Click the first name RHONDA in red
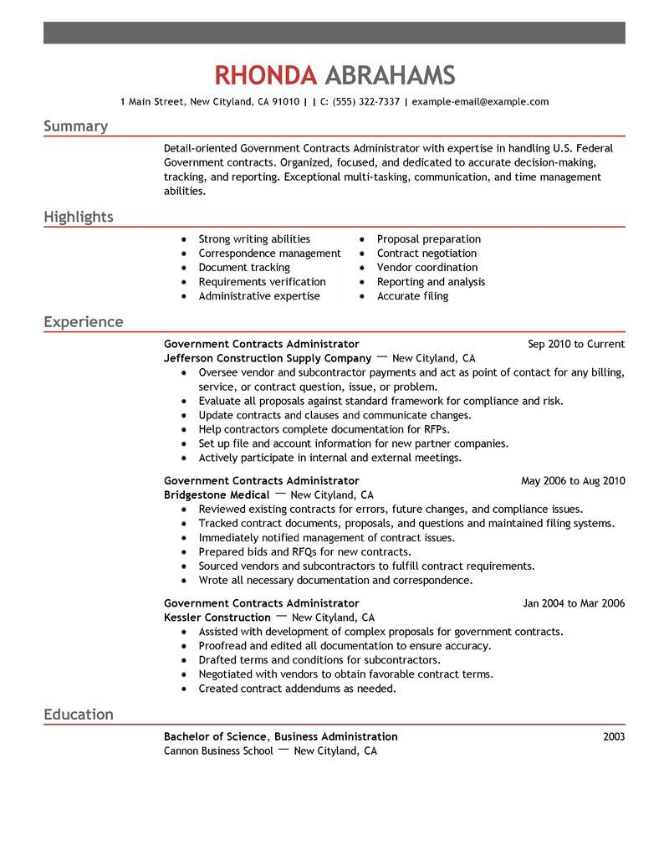[265, 75]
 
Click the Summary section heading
[75, 126]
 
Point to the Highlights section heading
[78, 218]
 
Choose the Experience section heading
[83, 322]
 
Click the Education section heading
[78, 715]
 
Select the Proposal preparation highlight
[428, 239]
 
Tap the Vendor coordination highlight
[426, 268]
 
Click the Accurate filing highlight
[412, 296]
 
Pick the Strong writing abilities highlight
[253, 239]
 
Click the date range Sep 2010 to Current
[576, 344]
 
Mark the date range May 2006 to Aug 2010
[573, 481]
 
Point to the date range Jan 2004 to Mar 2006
[574, 603]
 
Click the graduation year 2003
[613, 737]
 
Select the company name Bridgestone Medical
[216, 495]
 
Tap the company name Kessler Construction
[217, 617]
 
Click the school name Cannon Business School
[218, 751]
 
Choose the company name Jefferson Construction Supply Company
[268, 358]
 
